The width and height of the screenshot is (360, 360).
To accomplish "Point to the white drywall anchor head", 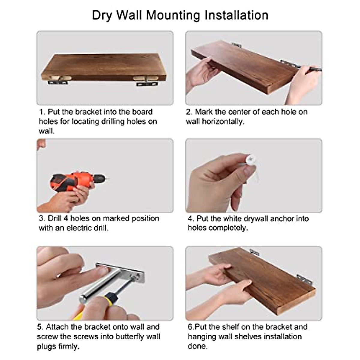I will [250, 160].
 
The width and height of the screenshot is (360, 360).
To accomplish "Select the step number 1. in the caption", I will [42, 112].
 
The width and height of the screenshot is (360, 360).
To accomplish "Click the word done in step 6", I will [197, 346].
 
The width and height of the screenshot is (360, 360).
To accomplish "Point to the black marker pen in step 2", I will [312, 69].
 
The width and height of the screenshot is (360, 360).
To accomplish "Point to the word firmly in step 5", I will [67, 346].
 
